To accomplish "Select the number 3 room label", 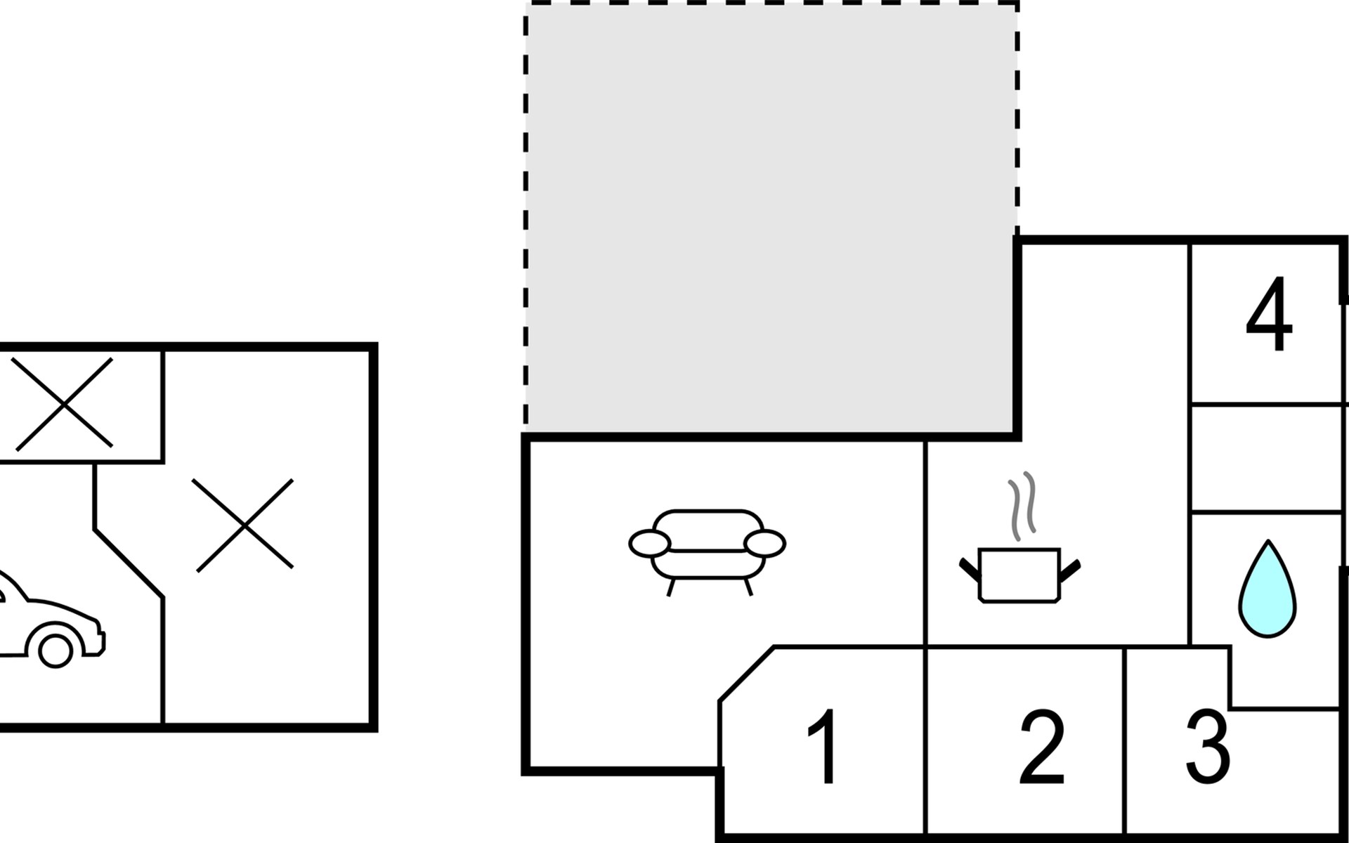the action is tap(1208, 746).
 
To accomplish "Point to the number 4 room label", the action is tap(1269, 314).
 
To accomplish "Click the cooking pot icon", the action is tap(1019, 575).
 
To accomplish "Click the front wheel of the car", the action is tap(56, 651).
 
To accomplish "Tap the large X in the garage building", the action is tap(244, 525).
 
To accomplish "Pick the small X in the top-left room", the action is tap(63, 404).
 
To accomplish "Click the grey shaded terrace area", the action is tap(770, 218).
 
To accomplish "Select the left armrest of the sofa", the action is tap(649, 544).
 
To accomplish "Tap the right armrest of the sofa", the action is tap(764, 544).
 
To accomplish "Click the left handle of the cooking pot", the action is tap(970, 570).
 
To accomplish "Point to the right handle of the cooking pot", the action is tap(1070, 570).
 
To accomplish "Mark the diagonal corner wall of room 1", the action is tap(747, 674).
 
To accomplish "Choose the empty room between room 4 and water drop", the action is tap(1266, 458).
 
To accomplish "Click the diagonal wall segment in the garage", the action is tap(129, 563).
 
